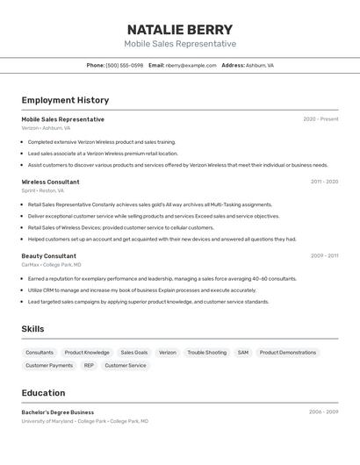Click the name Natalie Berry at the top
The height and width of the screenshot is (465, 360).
180,29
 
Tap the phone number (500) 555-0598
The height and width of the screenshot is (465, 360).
124,65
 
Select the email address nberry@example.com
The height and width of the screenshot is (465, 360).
191,65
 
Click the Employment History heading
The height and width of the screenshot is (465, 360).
65,100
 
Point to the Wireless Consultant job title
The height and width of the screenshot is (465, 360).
50,182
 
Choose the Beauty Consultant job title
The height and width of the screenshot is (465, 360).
49,256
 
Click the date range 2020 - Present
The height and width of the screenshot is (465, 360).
320,119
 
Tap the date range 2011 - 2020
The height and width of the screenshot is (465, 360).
324,182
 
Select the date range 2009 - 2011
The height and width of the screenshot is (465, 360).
324,256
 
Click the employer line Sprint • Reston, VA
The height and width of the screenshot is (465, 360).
43,190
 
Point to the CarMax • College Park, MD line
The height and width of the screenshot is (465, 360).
51,264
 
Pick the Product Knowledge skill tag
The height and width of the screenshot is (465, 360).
87,353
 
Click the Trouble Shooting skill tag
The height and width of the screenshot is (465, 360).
206,353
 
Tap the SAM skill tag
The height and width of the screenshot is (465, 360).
243,353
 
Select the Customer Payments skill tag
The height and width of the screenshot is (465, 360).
49,365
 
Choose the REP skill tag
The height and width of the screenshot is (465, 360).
89,365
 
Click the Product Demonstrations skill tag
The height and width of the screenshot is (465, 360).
288,353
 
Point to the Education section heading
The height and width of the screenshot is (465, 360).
43,393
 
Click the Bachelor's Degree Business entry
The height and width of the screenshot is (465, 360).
58,412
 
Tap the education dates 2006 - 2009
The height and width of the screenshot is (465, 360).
323,411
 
